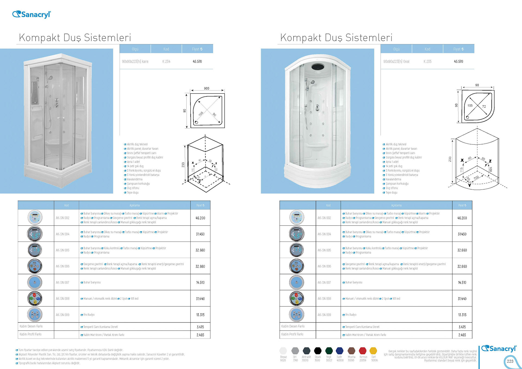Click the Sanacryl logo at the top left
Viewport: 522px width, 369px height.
[32, 14]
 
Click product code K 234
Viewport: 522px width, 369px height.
[166, 61]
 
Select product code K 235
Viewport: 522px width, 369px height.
[427, 61]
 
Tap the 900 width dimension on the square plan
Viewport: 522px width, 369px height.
[207, 88]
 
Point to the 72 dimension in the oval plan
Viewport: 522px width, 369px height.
[484, 107]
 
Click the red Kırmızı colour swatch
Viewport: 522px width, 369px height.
[362, 351]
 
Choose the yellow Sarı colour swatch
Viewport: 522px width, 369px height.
[374, 351]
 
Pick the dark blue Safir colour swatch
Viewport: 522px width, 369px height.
[340, 351]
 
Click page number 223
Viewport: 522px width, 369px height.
[510, 361]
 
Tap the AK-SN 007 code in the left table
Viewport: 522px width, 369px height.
[63, 283]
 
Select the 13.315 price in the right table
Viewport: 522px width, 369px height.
[462, 315]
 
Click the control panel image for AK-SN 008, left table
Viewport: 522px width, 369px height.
[35, 299]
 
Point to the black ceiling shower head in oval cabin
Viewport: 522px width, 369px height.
[318, 66]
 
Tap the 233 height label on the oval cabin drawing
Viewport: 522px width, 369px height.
[450, 159]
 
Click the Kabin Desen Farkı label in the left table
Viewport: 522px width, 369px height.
[31, 326]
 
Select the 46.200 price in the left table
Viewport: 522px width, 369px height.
[200, 218]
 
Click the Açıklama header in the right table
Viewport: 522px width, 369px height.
[396, 205]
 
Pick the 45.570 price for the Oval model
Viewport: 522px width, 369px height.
[458, 61]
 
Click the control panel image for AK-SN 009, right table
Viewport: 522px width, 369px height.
[296, 315]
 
